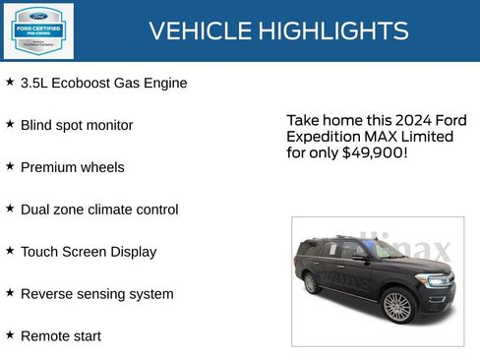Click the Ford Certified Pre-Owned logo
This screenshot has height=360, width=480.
37,31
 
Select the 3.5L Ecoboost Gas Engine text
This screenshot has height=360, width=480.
103,84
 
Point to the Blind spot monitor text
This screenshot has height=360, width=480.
77,126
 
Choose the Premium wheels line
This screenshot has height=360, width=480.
72,168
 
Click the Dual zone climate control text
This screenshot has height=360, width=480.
99,210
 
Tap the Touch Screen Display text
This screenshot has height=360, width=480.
89,252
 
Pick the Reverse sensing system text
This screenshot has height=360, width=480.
96,294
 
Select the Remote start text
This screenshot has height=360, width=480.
60,336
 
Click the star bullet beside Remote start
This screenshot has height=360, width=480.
10,334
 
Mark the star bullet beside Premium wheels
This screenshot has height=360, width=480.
10,166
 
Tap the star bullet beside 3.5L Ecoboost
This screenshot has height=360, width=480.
10,82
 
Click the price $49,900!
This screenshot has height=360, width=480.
374,153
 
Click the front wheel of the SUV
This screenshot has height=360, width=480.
396,306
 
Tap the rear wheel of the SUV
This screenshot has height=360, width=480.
312,283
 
